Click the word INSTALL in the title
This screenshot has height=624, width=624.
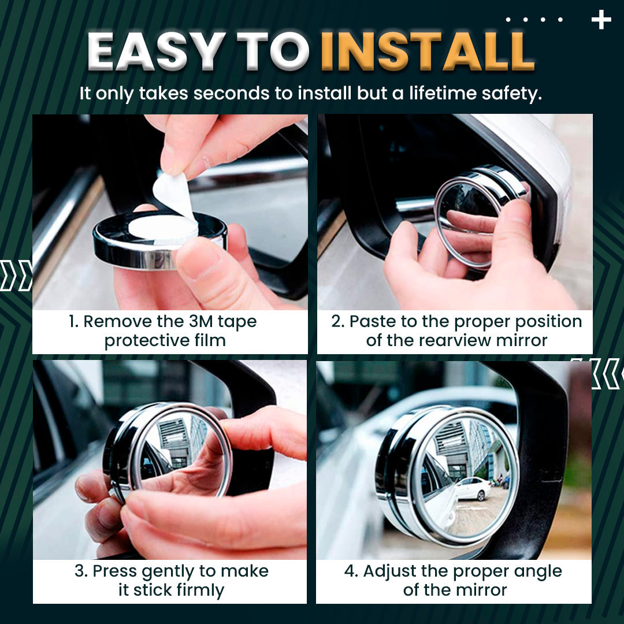pos(428,51)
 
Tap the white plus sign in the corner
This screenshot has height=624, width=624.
pos(601,20)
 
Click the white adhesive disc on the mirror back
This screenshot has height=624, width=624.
pos(162,229)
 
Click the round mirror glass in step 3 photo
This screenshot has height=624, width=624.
pos(180,450)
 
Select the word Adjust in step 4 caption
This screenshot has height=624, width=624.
pos(389,571)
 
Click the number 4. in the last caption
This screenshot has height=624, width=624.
pos(351,571)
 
